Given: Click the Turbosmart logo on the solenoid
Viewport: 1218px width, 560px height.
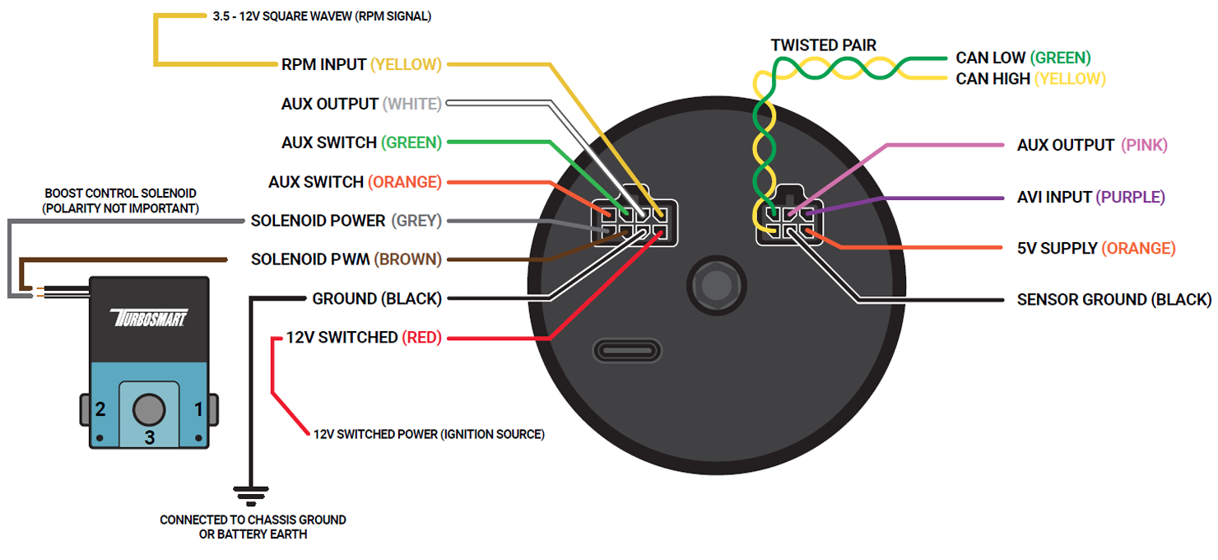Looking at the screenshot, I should click(148, 318).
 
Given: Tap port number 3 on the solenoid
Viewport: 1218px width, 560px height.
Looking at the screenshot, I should click(149, 436).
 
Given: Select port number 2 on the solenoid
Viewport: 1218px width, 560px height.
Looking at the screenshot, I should click(100, 409).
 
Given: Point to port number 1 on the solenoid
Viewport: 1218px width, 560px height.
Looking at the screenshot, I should click(198, 409).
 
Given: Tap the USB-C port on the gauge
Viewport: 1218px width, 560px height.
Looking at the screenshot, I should click(628, 349).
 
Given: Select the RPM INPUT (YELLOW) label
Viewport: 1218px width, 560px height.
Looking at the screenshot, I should click(361, 64).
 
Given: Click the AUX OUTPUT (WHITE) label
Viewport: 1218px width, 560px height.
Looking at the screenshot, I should click(361, 104).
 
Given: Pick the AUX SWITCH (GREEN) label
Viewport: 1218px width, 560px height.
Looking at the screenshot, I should click(361, 142).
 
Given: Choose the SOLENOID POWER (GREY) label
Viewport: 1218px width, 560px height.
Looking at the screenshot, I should click(346, 221).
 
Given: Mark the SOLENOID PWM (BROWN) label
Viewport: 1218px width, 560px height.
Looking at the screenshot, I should click(346, 259).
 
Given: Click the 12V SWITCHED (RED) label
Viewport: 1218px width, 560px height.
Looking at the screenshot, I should click(364, 338).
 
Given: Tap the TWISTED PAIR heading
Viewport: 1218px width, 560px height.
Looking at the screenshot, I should click(823, 45).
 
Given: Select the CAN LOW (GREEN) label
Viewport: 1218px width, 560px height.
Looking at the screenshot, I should click(1023, 58).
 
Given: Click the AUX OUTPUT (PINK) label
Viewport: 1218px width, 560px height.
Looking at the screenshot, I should click(1092, 145).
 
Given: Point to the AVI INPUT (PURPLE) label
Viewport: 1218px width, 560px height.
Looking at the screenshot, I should click(1091, 197).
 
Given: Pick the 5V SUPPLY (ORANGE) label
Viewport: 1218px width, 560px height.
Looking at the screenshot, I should click(1096, 248).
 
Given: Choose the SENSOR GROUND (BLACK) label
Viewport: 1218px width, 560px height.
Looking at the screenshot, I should click(1114, 300).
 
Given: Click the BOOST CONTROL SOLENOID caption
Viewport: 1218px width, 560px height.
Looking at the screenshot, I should click(121, 201).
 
